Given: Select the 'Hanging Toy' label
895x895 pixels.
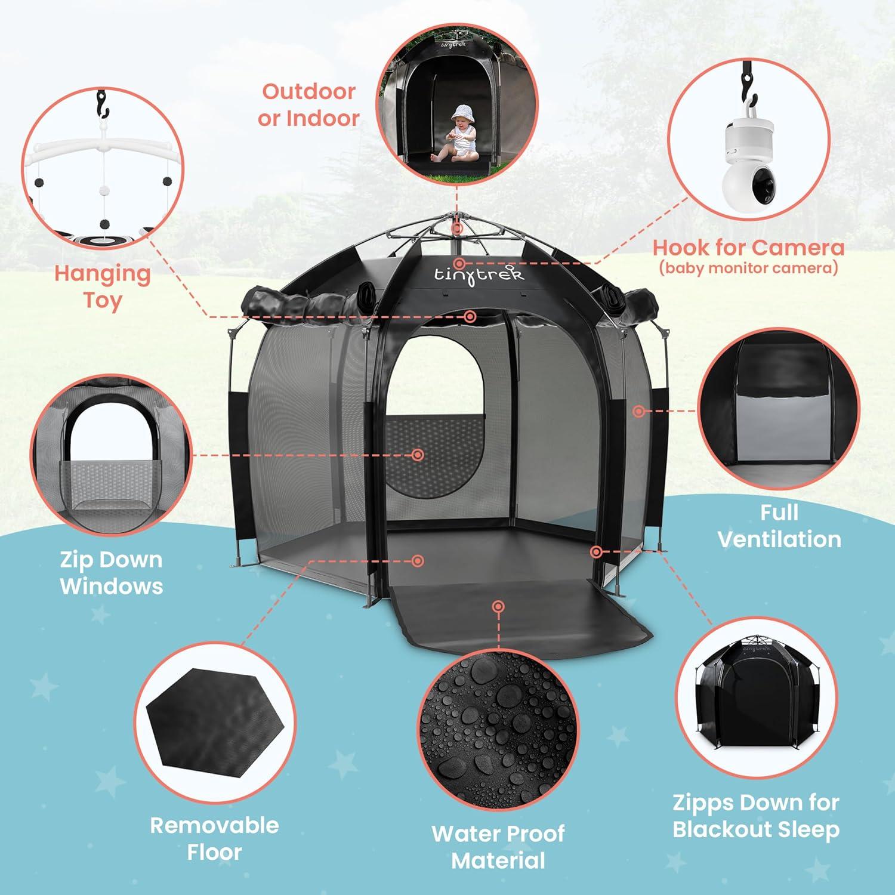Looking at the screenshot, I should click(x=102, y=286).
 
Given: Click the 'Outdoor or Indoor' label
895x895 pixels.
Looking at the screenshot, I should click(x=308, y=105).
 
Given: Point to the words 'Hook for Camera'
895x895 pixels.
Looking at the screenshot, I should click(x=748, y=247).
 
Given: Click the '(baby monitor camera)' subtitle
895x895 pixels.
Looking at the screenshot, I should click(x=748, y=268).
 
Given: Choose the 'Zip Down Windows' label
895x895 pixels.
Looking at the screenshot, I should click(x=111, y=573).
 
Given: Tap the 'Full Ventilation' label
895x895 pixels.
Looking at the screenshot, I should click(x=779, y=526).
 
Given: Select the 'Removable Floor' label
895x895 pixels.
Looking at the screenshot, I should click(x=214, y=838).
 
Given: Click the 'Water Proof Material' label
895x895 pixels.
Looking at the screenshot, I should click(x=498, y=847).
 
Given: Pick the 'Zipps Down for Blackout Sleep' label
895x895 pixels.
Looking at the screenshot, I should click(x=756, y=816).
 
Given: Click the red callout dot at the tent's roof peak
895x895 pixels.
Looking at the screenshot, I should click(x=457, y=229).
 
